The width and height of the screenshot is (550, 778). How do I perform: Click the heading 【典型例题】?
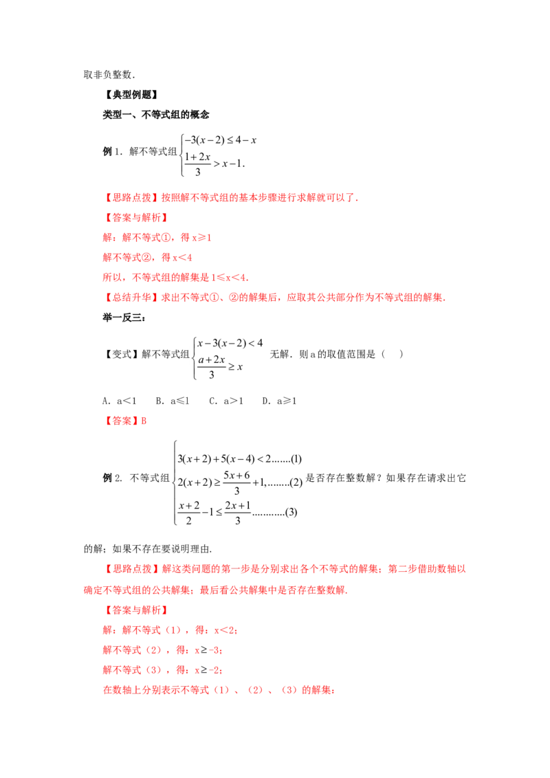pyautogui.click(x=131, y=95)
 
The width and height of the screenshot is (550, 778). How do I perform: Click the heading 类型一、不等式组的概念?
pyautogui.click(x=156, y=115)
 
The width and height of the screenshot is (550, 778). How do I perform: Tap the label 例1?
pyautogui.click(x=111, y=151)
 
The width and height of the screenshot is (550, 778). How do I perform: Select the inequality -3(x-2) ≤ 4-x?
pyautogui.click(x=221, y=140)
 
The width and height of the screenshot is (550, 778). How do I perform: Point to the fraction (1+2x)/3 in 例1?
pyautogui.click(x=197, y=164)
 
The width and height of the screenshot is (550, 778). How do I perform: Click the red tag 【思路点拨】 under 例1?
pyautogui.click(x=131, y=197)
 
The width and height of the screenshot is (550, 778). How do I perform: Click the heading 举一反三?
pyautogui.click(x=124, y=318)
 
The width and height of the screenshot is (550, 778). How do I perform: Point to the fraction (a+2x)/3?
pyautogui.click(x=212, y=367)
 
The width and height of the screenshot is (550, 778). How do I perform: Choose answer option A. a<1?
pyautogui.click(x=119, y=401)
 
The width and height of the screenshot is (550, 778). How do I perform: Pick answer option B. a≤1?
pyautogui.click(x=173, y=401)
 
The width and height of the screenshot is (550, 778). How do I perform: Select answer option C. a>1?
pyautogui.click(x=226, y=401)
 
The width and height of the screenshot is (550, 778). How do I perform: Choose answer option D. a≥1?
pyautogui.click(x=279, y=401)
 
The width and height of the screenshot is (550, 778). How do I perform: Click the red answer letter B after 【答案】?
pyautogui.click(x=144, y=421)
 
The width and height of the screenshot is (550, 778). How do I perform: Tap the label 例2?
pyautogui.click(x=112, y=478)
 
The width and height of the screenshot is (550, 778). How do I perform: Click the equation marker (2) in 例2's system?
pyautogui.click(x=296, y=482)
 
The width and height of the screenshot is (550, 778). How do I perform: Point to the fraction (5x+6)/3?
pyautogui.click(x=236, y=482)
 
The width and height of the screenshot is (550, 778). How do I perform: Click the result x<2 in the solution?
pyautogui.click(x=224, y=630)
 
